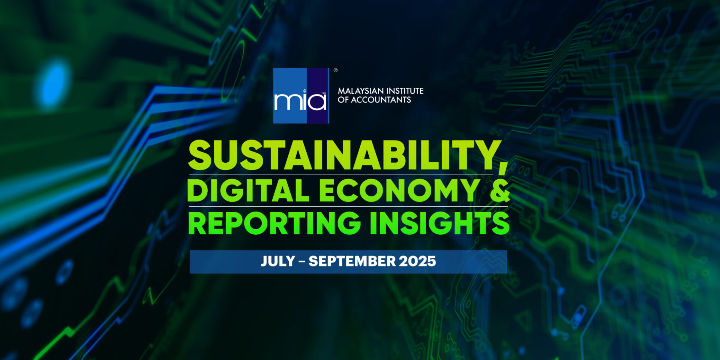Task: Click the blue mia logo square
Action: (301, 96)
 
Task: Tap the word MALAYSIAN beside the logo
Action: (360, 91)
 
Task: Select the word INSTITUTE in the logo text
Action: (405, 91)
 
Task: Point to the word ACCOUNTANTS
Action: (381, 100)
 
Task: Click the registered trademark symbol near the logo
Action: (336, 70)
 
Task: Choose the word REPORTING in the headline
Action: (274, 223)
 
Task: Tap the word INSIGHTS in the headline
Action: (440, 223)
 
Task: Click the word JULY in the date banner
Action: (278, 261)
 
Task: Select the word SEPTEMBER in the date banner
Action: (352, 261)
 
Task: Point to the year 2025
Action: (417, 261)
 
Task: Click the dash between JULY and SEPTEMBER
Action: (301, 262)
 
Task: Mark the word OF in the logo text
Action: (343, 100)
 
